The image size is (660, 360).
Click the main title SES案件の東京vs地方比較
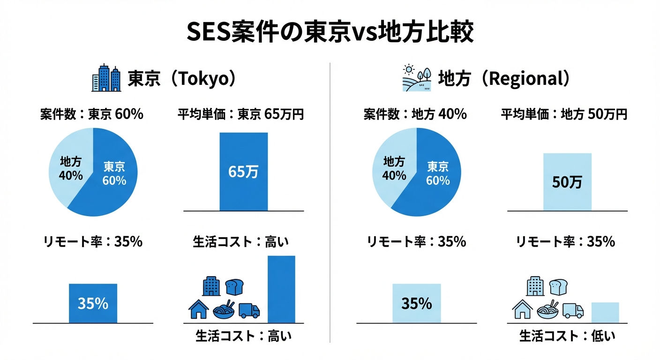click(x=330, y=32)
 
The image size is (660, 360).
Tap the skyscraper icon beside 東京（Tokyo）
click(x=106, y=78)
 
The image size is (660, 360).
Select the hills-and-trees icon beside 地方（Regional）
click(x=417, y=78)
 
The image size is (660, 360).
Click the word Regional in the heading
click(x=524, y=79)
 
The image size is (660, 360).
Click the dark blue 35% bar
click(x=93, y=303)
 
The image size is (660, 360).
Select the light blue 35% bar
click(x=416, y=303)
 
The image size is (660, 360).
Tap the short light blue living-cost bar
click(x=605, y=313)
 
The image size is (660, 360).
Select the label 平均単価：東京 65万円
click(x=241, y=114)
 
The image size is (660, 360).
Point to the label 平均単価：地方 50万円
click(x=564, y=114)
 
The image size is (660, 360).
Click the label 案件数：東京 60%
click(x=91, y=114)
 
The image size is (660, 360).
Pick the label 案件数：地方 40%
click(x=415, y=114)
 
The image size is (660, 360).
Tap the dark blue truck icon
click(x=249, y=310)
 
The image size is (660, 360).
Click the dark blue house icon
click(x=198, y=309)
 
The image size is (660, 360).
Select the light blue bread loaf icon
click(x=558, y=286)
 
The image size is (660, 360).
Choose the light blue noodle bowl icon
click(x=547, y=310)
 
